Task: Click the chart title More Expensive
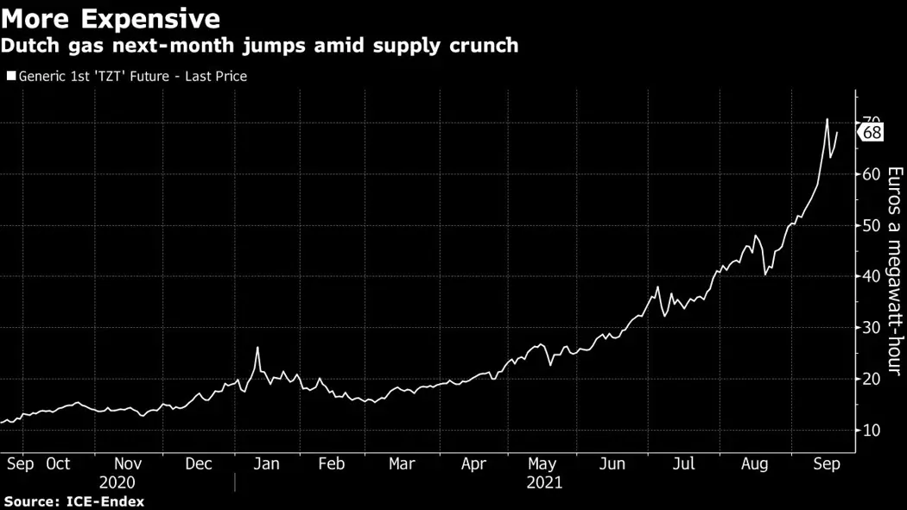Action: click(x=111, y=19)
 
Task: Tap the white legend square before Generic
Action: click(x=10, y=77)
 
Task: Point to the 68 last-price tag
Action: click(x=872, y=132)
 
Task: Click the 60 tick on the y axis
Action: click(x=871, y=174)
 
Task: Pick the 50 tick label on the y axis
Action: click(x=871, y=226)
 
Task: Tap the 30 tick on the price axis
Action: click(x=871, y=328)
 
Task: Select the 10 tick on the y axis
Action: click(x=871, y=430)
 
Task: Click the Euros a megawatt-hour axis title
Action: click(x=895, y=271)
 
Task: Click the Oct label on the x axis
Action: click(x=58, y=464)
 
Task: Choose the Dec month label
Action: click(x=199, y=464)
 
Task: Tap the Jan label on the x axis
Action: click(x=266, y=464)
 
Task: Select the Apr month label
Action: click(x=473, y=464)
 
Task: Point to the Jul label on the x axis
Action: click(x=683, y=464)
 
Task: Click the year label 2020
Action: click(x=117, y=482)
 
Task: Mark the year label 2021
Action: click(x=544, y=482)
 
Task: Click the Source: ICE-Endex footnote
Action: click(x=74, y=501)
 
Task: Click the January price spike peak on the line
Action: click(x=257, y=347)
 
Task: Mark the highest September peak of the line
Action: click(x=827, y=119)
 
